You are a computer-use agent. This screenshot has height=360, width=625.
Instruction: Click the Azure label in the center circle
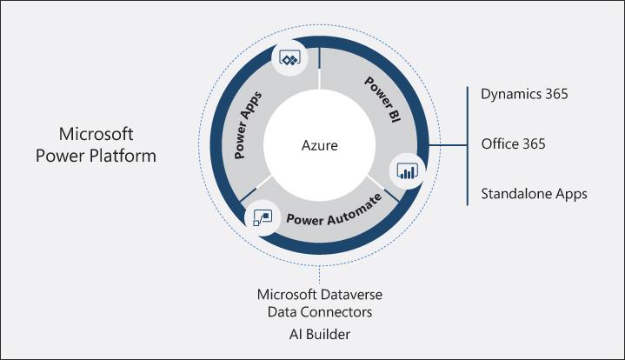[319, 144]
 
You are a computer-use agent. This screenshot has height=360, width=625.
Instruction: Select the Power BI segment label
[380, 99]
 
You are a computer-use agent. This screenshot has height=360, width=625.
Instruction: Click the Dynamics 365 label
[524, 94]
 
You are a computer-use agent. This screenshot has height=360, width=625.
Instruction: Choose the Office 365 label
[513, 143]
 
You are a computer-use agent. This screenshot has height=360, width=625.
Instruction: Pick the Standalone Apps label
[534, 193]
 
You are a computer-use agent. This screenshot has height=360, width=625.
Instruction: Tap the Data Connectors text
[321, 312]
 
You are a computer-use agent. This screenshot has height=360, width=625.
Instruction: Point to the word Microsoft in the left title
[96, 135]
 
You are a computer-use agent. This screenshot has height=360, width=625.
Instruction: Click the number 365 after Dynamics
[554, 94]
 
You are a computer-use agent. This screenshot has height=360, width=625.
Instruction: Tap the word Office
[499, 143]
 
